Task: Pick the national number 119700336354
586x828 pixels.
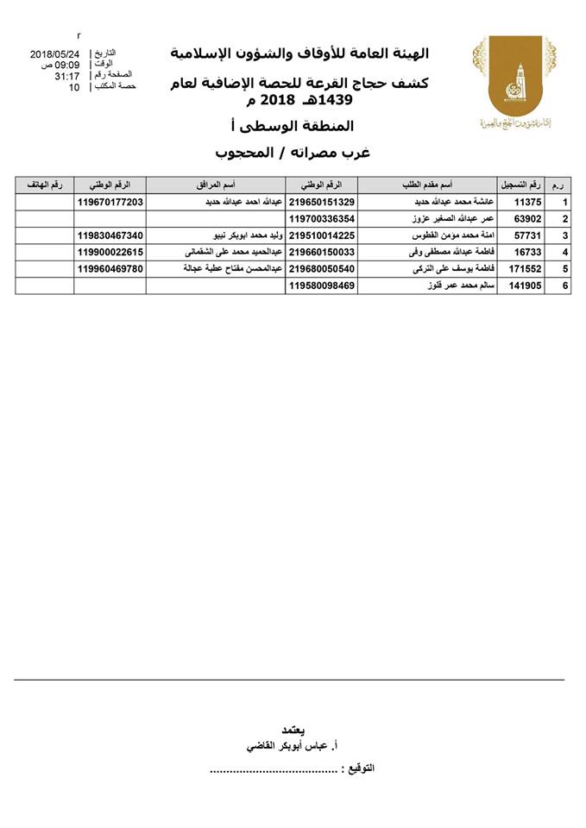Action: [322, 219]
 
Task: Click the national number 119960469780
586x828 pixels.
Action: [110, 269]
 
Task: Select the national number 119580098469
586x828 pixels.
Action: [322, 285]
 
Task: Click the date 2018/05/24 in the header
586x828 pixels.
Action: [54, 53]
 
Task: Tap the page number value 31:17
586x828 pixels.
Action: [66, 76]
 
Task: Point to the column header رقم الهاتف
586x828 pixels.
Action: [44, 185]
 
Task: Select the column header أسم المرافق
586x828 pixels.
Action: [216, 185]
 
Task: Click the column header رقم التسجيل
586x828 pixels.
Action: [521, 185]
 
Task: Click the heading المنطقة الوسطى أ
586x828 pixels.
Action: [291, 127]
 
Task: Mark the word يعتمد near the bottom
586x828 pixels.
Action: [293, 729]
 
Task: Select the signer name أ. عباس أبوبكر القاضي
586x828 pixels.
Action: [293, 744]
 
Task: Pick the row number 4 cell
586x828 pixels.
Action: [564, 253]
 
